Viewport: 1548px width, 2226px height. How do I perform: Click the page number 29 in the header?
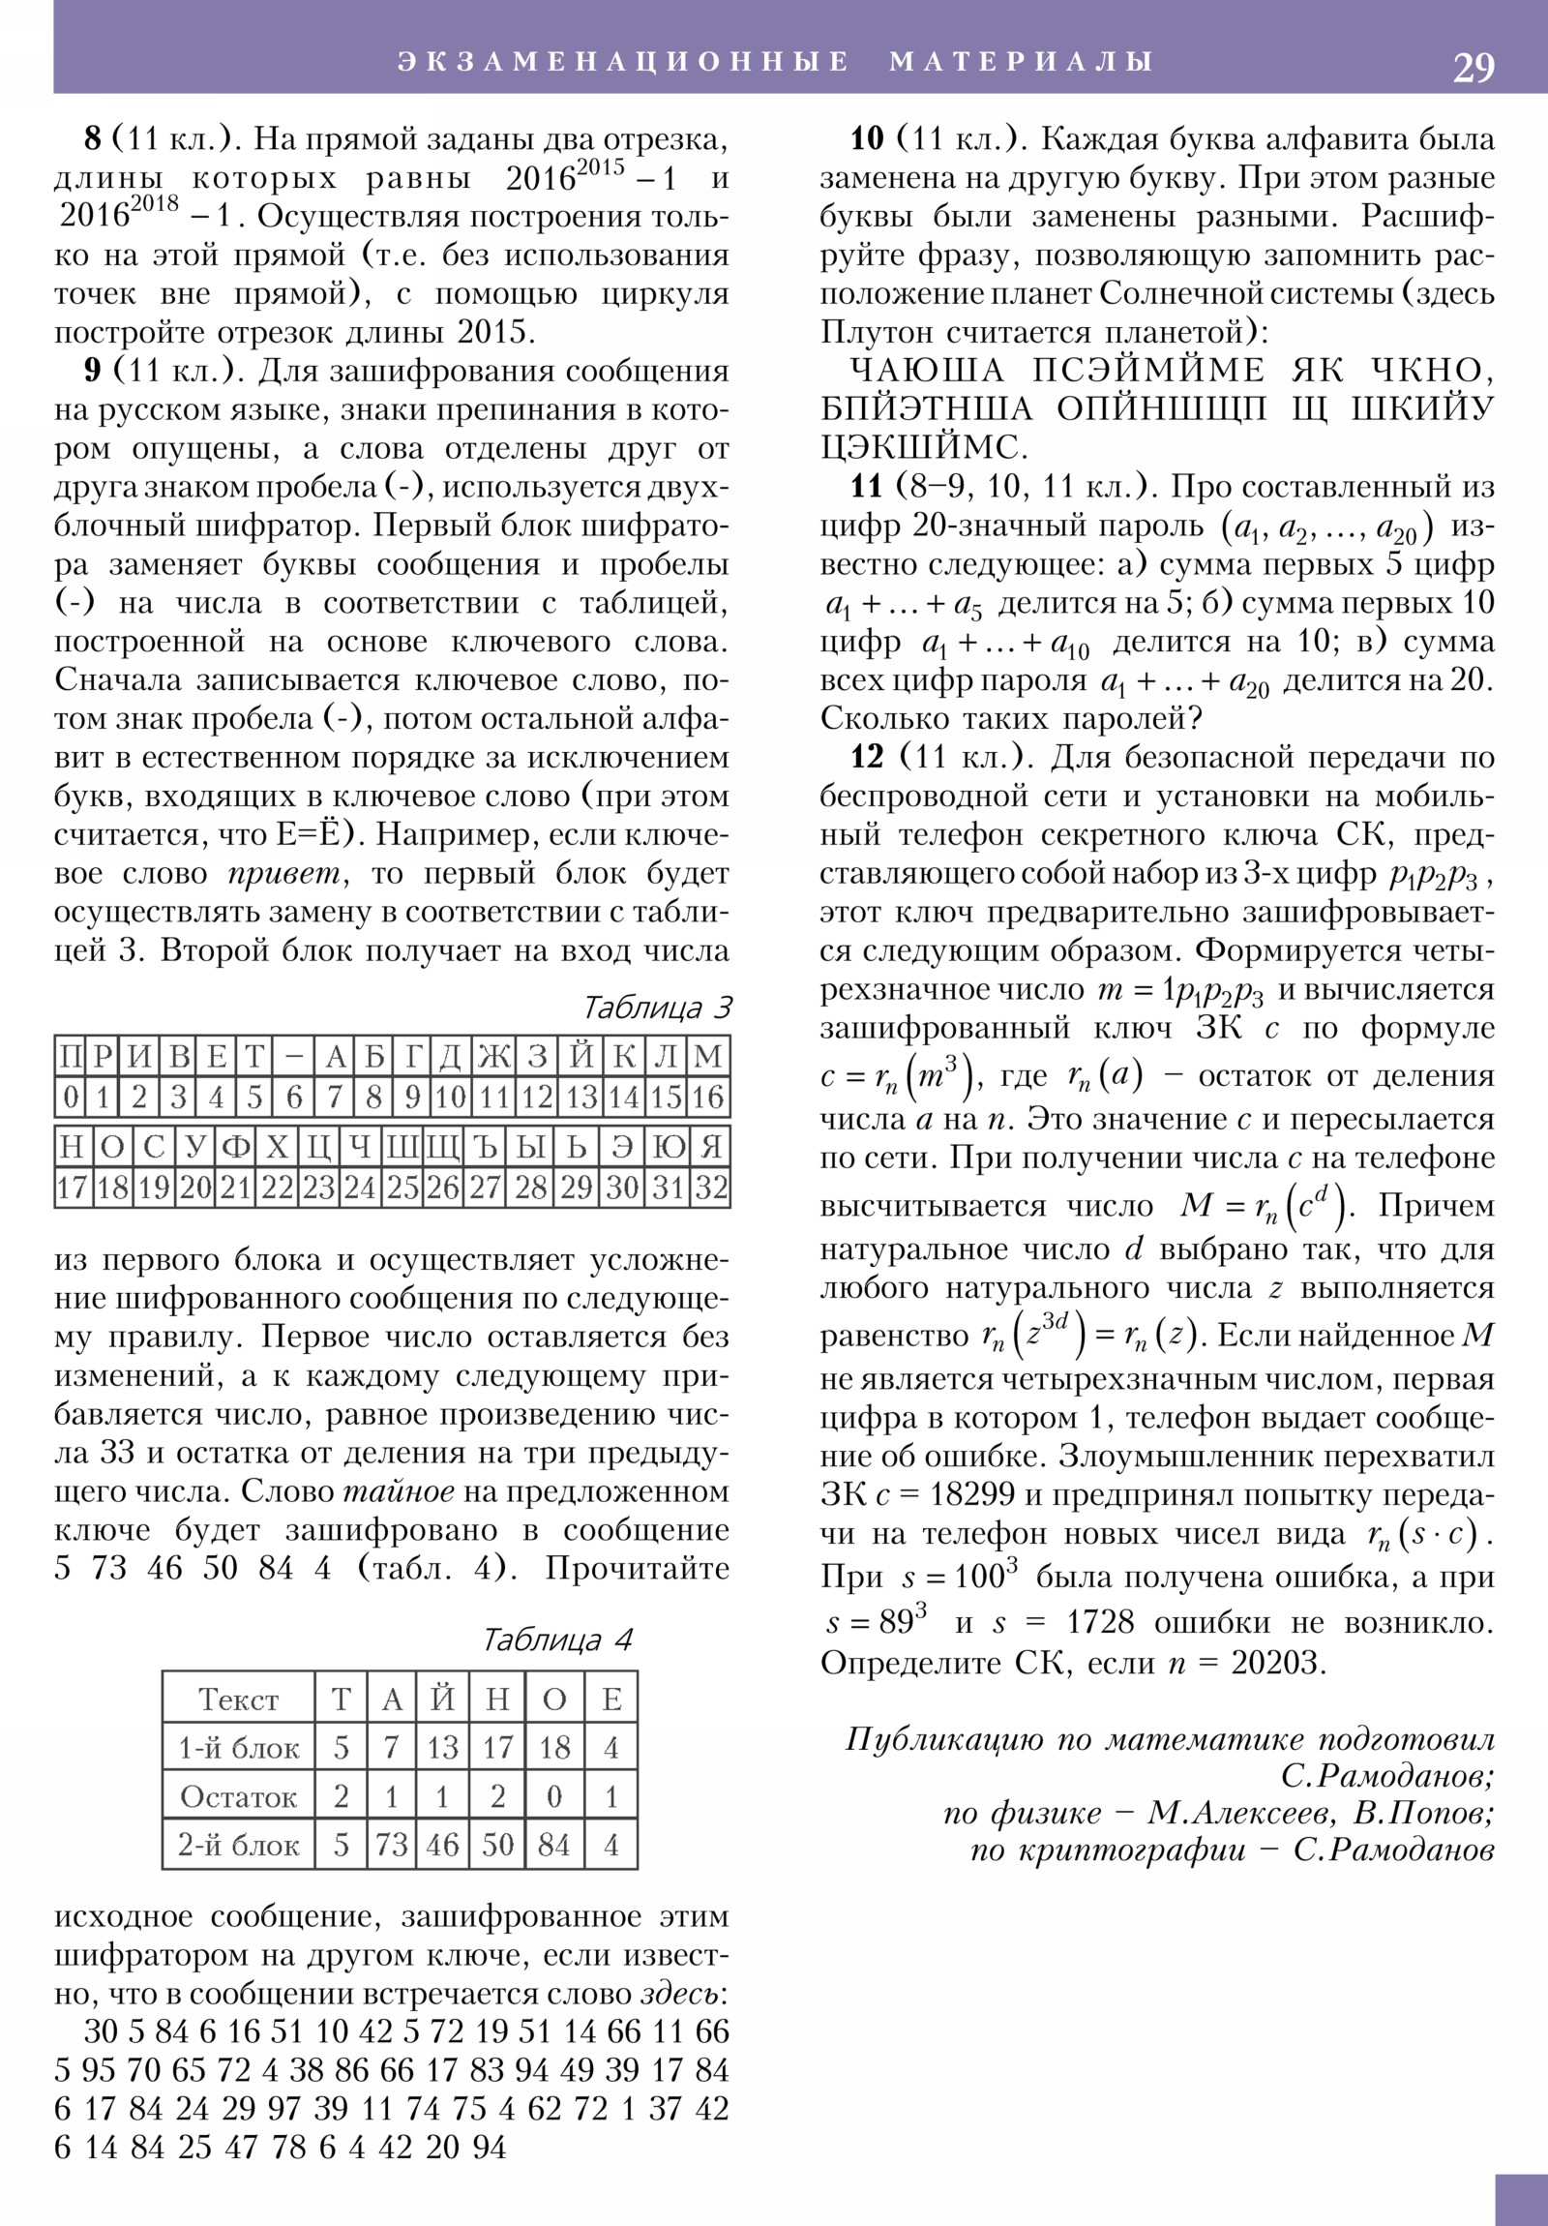(x=1473, y=67)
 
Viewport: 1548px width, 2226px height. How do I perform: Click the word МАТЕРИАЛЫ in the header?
(x=1022, y=61)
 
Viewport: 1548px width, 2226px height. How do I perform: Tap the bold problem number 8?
(x=92, y=139)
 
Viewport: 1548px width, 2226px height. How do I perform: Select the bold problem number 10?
(x=867, y=139)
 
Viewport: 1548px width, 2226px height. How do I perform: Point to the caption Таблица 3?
(x=656, y=1008)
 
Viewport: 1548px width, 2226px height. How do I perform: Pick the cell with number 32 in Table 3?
(x=710, y=1188)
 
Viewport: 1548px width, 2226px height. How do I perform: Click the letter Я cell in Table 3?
(x=710, y=1147)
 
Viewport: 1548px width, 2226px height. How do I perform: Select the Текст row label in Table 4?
(x=238, y=1700)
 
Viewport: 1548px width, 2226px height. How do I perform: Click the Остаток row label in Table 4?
(x=238, y=1796)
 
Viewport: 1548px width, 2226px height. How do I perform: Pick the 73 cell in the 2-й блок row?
(x=392, y=1844)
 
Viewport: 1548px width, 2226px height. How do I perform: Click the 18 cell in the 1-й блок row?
(x=553, y=1748)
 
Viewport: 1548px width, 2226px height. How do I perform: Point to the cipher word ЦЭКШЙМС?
(x=924, y=448)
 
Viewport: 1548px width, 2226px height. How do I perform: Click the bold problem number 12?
(x=867, y=757)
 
